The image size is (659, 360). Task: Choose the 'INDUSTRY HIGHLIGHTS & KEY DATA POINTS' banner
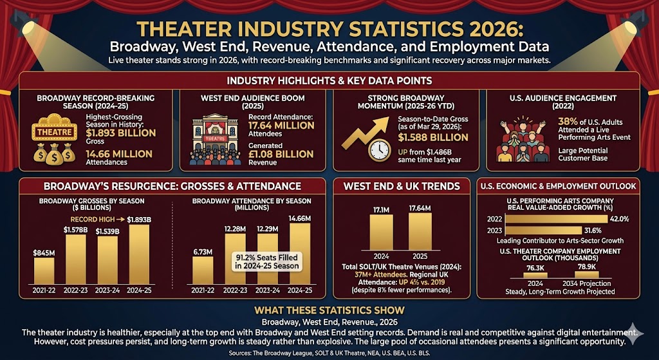tap(329, 81)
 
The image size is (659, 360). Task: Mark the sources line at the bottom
tap(329, 354)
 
